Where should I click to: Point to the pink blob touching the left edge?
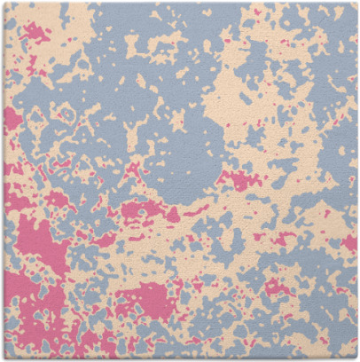point(11,118)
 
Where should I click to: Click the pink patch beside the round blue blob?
point(238,180)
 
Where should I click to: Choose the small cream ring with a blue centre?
point(67,114)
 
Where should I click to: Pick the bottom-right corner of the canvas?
point(356,358)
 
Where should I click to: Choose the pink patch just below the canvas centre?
point(142,210)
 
